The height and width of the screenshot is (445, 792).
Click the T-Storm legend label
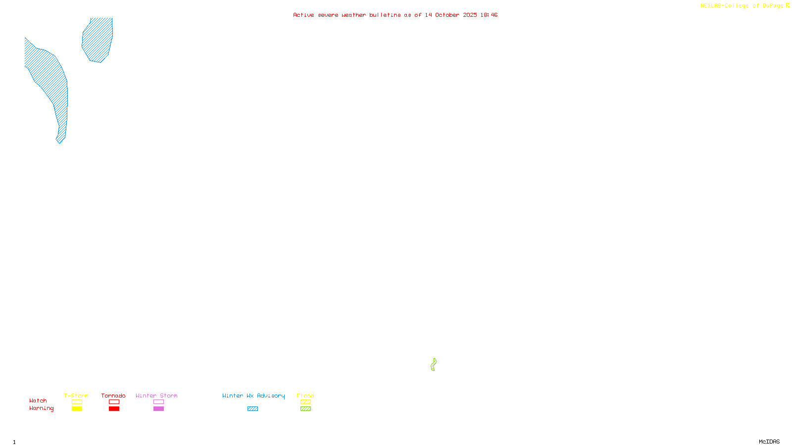[x=76, y=396]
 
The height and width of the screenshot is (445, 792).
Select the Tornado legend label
[x=113, y=396]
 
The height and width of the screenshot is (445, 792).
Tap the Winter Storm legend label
[x=156, y=396]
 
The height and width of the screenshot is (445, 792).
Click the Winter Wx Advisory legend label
[x=253, y=396]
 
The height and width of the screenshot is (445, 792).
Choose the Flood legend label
[x=305, y=396]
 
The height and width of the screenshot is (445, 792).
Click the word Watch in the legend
[x=38, y=400]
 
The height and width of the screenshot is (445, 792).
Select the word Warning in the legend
[x=42, y=408]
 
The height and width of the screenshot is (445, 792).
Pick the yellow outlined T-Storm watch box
[x=77, y=402]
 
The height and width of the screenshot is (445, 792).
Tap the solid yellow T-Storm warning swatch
[x=77, y=409]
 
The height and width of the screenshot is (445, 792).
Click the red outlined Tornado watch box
[x=114, y=402]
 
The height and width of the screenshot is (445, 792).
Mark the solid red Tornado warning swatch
[x=114, y=409]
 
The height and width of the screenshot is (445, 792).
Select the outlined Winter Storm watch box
[x=158, y=402]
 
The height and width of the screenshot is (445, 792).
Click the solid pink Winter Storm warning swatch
[x=158, y=409]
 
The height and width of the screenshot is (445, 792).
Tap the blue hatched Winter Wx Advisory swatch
[x=252, y=409]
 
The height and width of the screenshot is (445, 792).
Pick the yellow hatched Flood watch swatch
[x=305, y=402]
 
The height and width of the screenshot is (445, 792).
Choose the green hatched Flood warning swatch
[x=305, y=409]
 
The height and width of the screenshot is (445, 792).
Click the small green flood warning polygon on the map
[x=434, y=365]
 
